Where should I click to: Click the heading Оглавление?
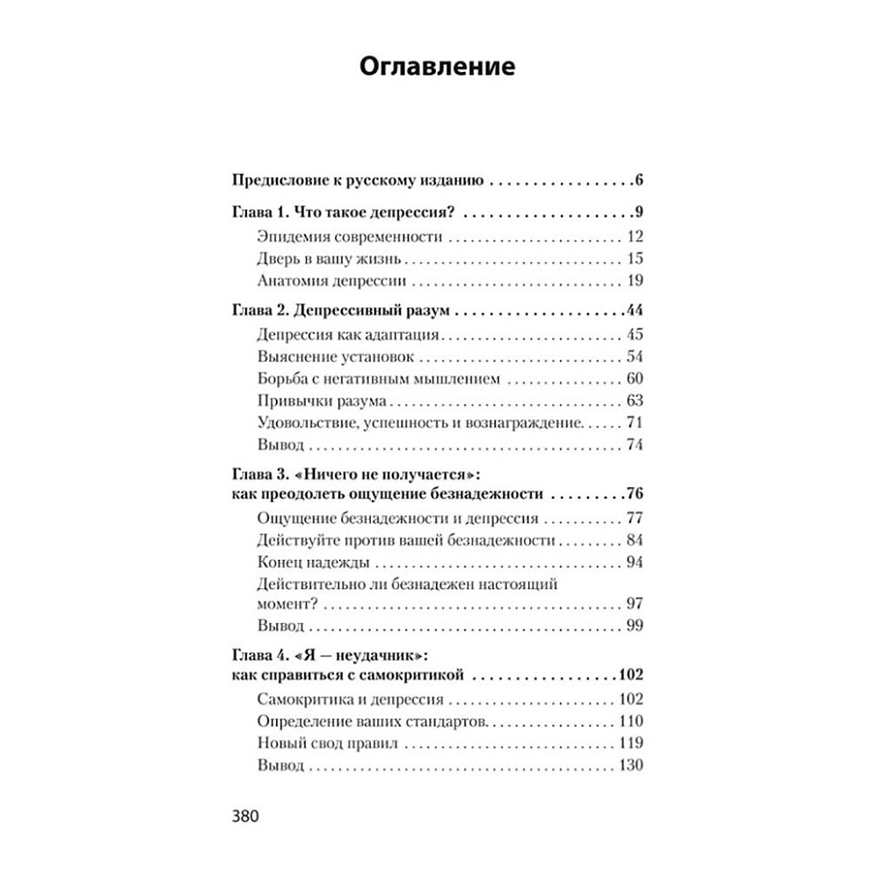439,69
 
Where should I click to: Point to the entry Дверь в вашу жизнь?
331,258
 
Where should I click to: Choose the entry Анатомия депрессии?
333,280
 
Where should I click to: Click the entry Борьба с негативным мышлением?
380,379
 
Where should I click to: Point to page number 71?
636,424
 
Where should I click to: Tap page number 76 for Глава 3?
635,493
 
